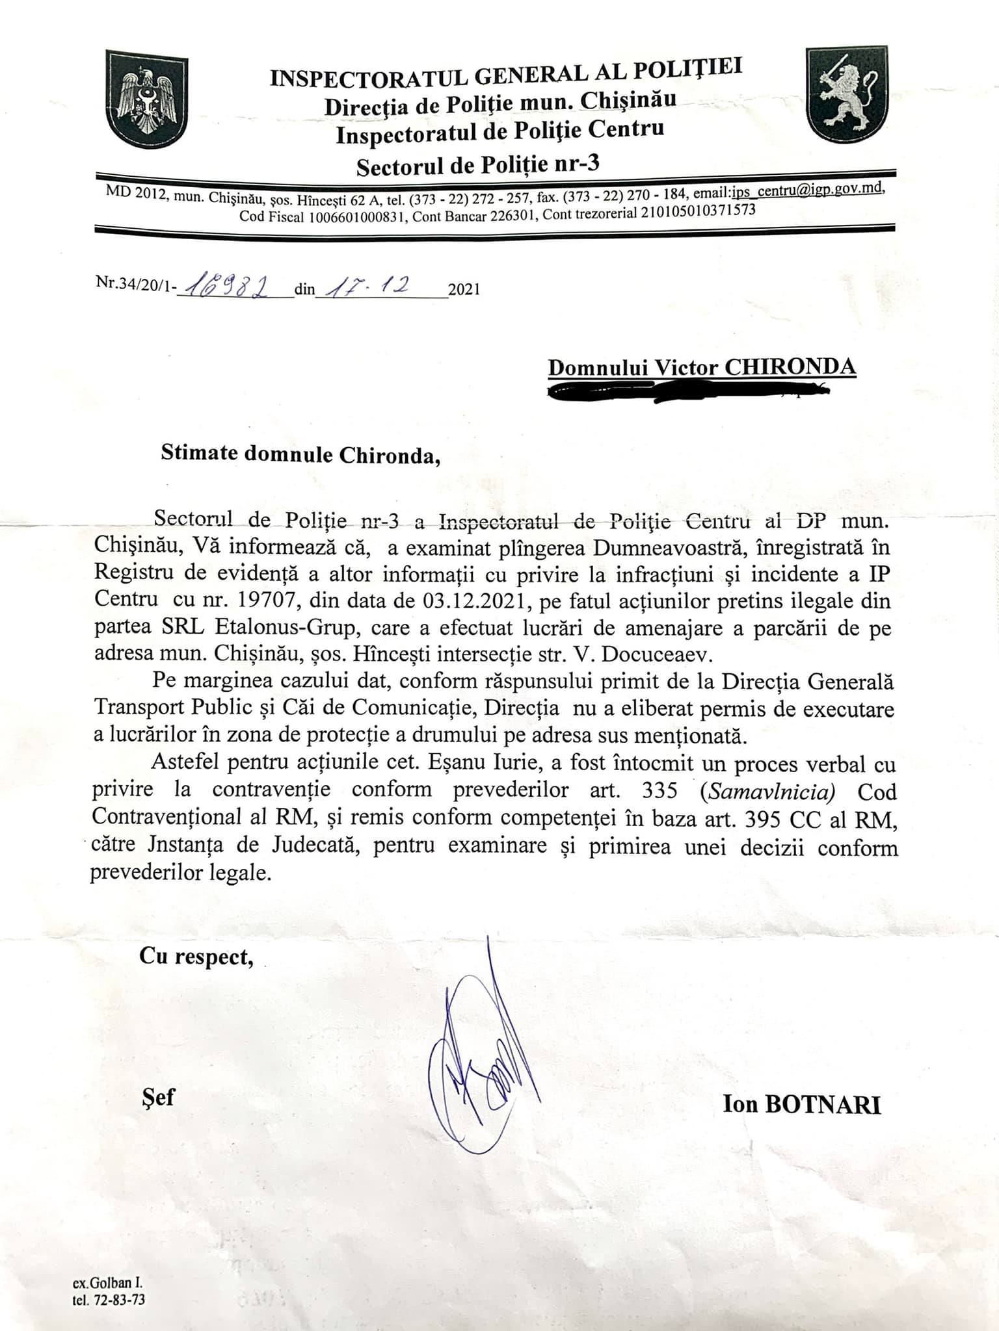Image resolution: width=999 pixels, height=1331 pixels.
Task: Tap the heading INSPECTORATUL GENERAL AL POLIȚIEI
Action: point(505,72)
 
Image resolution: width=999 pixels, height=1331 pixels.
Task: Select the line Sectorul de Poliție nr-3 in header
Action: point(478,164)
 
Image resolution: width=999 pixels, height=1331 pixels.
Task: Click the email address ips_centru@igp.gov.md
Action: point(806,190)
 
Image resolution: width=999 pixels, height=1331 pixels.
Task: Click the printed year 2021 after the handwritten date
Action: point(464,289)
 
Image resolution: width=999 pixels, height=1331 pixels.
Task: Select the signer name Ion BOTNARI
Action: point(801,1105)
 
